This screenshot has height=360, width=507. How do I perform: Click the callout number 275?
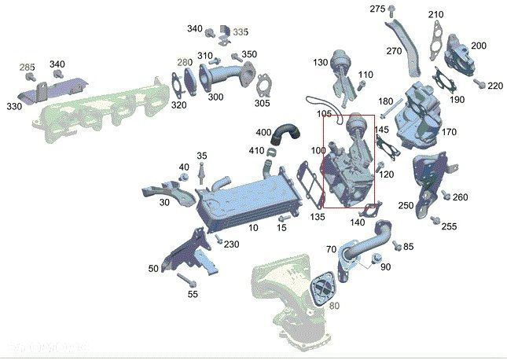pyautogui.click(x=378, y=9)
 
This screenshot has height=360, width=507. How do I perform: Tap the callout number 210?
pyautogui.click(x=435, y=15)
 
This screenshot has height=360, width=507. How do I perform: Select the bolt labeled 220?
pyautogui.click(x=478, y=83)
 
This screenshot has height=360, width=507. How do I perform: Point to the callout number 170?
pyautogui.click(x=449, y=132)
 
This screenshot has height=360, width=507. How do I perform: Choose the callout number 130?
pyautogui.click(x=320, y=62)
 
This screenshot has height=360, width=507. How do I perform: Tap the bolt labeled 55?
pyautogui.click(x=186, y=279)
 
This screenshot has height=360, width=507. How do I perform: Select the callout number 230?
pyautogui.click(x=231, y=244)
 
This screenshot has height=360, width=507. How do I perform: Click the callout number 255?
pyautogui.click(x=449, y=226)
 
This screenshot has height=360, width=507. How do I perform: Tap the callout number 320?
pyautogui.click(x=179, y=105)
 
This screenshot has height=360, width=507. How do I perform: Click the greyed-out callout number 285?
pyautogui.click(x=28, y=68)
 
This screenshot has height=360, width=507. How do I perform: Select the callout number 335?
pyautogui.click(x=241, y=31)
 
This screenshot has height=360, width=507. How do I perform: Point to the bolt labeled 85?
pyautogui.click(x=396, y=245)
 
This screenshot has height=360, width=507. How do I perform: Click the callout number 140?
pyautogui.click(x=357, y=222)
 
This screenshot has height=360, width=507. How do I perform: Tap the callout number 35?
pyautogui.click(x=202, y=156)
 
